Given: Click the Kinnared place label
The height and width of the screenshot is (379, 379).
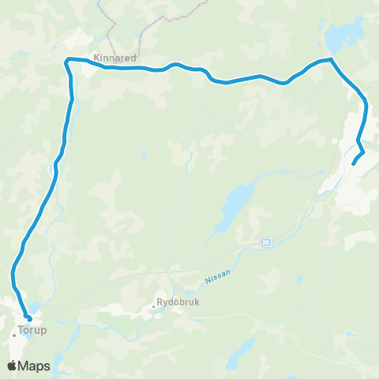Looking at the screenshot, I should click(114, 58).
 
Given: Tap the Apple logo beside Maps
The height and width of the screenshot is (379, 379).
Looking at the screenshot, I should click(13, 366).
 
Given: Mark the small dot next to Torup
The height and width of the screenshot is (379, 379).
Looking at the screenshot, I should click(14, 336).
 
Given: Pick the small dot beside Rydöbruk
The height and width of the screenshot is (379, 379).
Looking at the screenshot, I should click(155, 306).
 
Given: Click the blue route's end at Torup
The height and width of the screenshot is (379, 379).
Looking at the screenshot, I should click(29, 319).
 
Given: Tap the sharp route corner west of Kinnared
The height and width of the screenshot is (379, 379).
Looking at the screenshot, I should click(67, 60).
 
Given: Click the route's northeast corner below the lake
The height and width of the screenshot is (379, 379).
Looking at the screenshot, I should click(330, 59).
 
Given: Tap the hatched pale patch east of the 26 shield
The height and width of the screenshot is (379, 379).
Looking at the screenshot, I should click(362, 237).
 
